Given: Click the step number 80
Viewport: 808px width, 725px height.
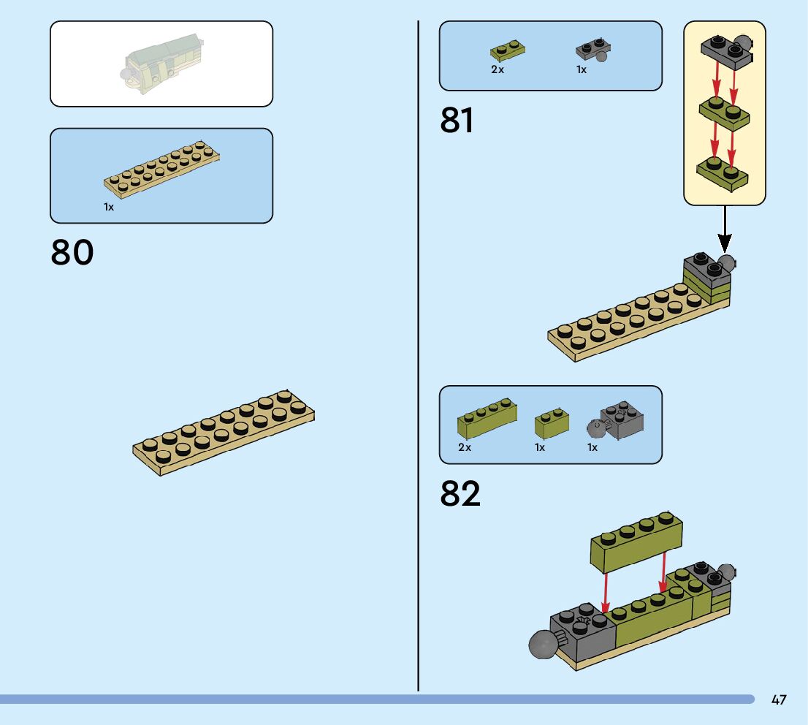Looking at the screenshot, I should pyautogui.click(x=72, y=252).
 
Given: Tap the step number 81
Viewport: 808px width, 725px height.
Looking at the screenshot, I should pyautogui.click(x=457, y=121).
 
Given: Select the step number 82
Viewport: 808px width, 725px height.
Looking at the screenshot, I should pyautogui.click(x=460, y=495).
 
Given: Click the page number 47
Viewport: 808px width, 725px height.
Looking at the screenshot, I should pyautogui.click(x=779, y=700).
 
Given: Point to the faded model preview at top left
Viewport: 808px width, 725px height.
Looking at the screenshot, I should pyautogui.click(x=161, y=64).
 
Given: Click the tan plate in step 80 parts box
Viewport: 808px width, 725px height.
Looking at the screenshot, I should pyautogui.click(x=161, y=168).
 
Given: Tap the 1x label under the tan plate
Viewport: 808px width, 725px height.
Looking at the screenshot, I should pyautogui.click(x=109, y=208).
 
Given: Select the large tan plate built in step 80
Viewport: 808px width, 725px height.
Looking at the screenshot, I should pyautogui.click(x=224, y=433).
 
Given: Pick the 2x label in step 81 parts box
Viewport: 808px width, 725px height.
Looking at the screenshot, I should pyautogui.click(x=498, y=70).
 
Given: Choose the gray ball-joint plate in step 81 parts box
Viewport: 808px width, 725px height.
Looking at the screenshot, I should pyautogui.click(x=593, y=50).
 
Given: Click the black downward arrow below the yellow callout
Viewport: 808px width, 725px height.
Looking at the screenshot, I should pyautogui.click(x=725, y=230).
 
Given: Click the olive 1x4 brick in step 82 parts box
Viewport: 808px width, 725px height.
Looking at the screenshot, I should pyautogui.click(x=487, y=419).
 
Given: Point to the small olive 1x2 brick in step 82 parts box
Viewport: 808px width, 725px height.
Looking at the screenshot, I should pyautogui.click(x=552, y=424).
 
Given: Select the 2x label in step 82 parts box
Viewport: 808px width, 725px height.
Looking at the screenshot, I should pyautogui.click(x=465, y=447).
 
